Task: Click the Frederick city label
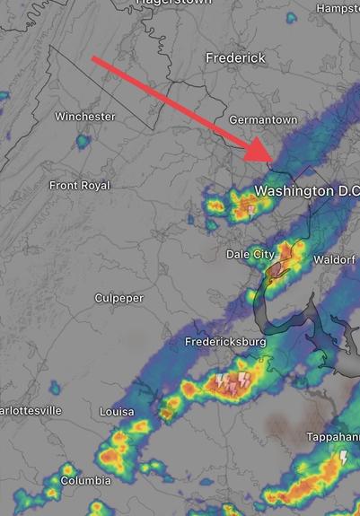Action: pyautogui.click(x=235, y=57)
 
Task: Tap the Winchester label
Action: pyautogui.click(x=85, y=117)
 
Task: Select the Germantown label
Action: pyautogui.click(x=263, y=119)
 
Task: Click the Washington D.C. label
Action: pyautogui.click(x=306, y=191)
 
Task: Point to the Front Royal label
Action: pyautogui.click(x=79, y=185)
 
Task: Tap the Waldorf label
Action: pyautogui.click(x=335, y=259)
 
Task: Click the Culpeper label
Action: pyautogui.click(x=119, y=298)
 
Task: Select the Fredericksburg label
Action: pyautogui.click(x=225, y=342)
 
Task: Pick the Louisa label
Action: pyautogui.click(x=117, y=411)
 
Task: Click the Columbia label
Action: pyautogui.click(x=86, y=481)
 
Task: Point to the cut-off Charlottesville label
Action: pyautogui.click(x=31, y=410)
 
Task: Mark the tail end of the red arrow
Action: pyautogui.click(x=94, y=59)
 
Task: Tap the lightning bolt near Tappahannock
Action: pyautogui.click(x=342, y=459)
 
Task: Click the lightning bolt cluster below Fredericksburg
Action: pyautogui.click(x=233, y=383)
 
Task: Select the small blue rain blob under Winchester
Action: pyautogui.click(x=83, y=141)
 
